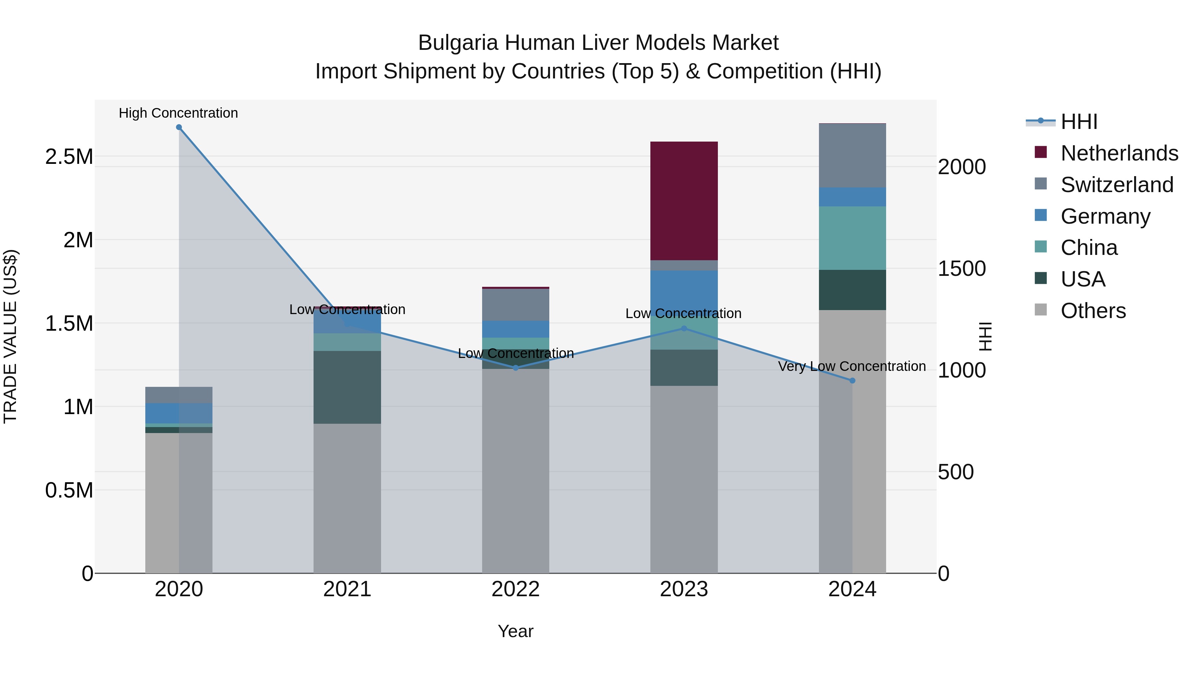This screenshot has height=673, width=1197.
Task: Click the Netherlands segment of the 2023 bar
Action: [684, 201]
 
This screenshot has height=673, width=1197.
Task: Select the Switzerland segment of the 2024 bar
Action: [852, 156]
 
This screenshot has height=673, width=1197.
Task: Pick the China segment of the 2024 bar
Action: [852, 238]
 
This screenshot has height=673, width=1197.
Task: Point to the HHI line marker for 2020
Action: [179, 127]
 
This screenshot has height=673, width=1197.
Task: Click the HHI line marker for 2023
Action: [684, 328]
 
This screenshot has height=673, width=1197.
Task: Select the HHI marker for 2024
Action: [852, 381]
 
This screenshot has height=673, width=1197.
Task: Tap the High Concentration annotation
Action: [179, 113]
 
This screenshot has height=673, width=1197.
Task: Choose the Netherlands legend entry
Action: [1119, 153]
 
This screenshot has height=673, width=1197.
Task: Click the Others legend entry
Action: [1093, 311]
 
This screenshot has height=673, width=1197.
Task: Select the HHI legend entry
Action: [1079, 122]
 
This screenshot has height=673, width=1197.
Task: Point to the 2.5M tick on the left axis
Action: [69, 157]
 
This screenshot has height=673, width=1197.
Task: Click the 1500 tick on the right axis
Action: [961, 269]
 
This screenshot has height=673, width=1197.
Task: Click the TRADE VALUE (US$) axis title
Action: [11, 336]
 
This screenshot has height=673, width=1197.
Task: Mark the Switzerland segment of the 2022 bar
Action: [515, 305]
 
